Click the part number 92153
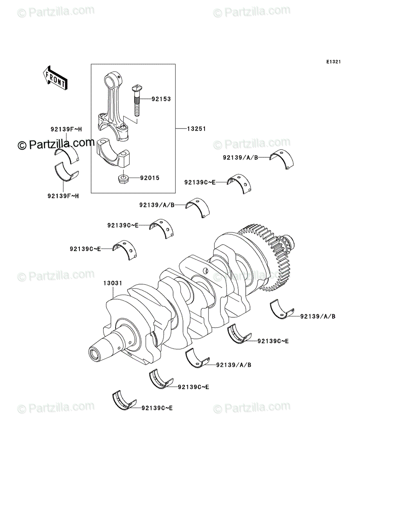pyautogui.click(x=161, y=99)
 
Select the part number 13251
pyautogui.click(x=196, y=129)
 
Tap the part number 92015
pyautogui.click(x=150, y=178)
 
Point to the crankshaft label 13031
pyautogui.click(x=113, y=283)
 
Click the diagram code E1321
pyautogui.click(x=333, y=62)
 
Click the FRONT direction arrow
pyautogui.click(x=55, y=78)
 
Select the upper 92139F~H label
pyautogui.click(x=66, y=129)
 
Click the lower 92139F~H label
pyautogui.click(x=63, y=196)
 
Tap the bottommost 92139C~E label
pyautogui.click(x=157, y=408)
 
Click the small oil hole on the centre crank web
pyautogui.click(x=206, y=270)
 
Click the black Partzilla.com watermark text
pyautogui.click(x=56, y=144)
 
